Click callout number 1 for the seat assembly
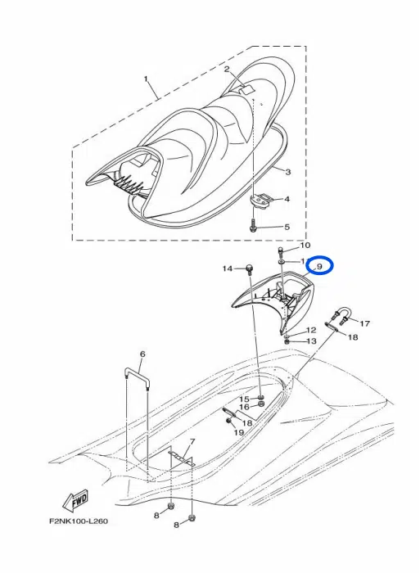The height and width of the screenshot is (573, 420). (146, 79)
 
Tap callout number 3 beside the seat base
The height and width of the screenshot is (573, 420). (287, 171)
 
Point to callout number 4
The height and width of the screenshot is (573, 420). (287, 199)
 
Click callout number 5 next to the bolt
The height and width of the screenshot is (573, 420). (287, 227)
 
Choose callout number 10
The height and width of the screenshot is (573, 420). (305, 245)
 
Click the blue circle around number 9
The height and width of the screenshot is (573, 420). (318, 267)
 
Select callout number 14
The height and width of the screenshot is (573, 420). (228, 268)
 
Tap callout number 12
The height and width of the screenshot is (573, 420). (310, 330)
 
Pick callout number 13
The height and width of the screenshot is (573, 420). (311, 341)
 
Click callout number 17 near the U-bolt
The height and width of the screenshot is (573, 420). (364, 323)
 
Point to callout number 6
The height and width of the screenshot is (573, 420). (142, 355)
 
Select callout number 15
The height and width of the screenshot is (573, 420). (243, 399)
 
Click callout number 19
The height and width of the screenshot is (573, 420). (239, 431)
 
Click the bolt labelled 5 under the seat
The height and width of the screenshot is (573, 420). (255, 227)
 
